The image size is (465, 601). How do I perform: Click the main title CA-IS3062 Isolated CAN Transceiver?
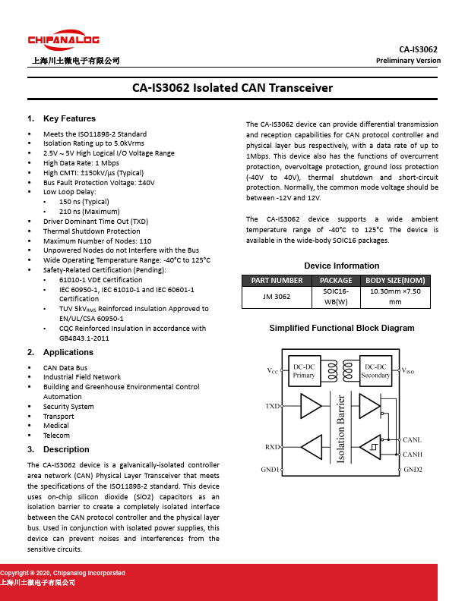[232, 88]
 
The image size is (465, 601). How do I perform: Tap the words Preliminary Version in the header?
[408, 61]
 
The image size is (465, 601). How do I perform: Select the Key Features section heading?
[69, 119]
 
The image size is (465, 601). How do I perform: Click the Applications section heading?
[68, 353]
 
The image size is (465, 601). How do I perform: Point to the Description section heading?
[68, 450]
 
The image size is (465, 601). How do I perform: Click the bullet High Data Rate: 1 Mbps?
[81, 163]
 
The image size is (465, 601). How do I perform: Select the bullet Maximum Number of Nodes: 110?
[97, 241]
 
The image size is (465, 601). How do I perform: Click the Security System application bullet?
[68, 407]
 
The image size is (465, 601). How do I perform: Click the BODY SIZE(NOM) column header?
[400, 280]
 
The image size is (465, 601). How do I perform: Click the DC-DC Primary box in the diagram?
[304, 371]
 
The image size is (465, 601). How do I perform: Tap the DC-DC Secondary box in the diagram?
[375, 371]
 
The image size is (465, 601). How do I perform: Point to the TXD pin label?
[272, 407]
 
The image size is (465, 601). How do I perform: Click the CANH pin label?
[413, 455]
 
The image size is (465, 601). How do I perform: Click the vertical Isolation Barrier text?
[341, 430]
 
